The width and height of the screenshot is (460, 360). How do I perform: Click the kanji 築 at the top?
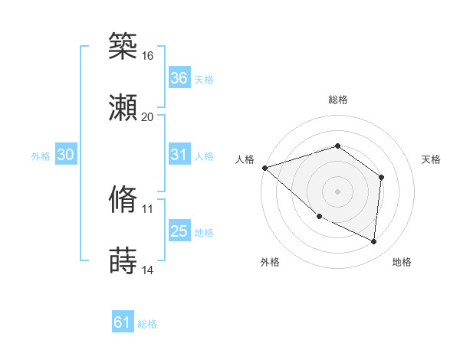pos(123,46)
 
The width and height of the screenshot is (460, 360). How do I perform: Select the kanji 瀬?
pos(123,108)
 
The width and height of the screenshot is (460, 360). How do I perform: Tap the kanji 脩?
pos(123,199)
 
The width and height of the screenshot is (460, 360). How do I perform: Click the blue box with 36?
pos(179,78)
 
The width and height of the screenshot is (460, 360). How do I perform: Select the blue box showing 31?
pos(179,155)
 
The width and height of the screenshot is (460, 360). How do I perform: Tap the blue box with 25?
pos(179,231)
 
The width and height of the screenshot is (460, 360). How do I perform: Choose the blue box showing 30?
pos(65,155)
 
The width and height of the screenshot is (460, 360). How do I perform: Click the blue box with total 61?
pos(122,322)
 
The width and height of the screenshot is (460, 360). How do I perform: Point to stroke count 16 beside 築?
pos(148,56)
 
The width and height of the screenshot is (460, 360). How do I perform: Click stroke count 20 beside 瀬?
pos(148,117)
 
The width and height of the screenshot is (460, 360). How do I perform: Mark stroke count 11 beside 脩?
pos(148,208)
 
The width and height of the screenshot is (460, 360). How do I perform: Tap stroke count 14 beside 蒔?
pos(148,270)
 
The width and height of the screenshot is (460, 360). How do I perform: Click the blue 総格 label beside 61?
pos(147,324)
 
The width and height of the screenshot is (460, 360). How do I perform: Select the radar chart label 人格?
pos(245,159)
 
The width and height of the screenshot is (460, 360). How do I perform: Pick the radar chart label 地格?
pos(402,262)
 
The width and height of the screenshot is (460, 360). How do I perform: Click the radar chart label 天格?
pos(431,159)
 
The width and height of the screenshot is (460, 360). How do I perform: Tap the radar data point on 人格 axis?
pos(264,167)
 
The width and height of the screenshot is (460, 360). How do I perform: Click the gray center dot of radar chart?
pos(337,191)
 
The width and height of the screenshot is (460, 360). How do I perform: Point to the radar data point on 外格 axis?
pos(319,216)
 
